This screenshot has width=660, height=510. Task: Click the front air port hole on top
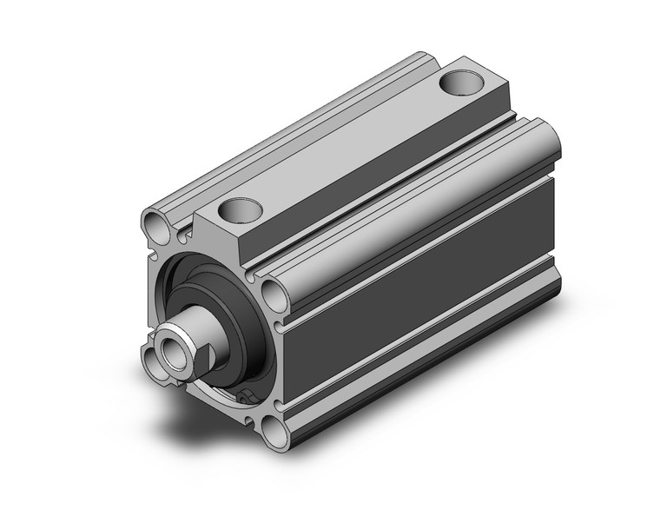(x=241, y=209)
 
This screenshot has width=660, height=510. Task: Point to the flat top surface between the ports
(x=347, y=148)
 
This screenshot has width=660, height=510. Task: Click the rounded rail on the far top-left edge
(x=261, y=139)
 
